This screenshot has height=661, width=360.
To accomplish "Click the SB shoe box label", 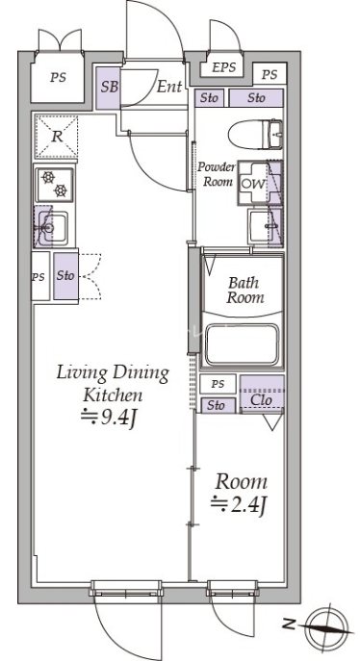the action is [110, 87].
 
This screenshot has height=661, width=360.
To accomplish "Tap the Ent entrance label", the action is [169, 87].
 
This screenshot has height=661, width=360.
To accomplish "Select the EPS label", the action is [223, 67].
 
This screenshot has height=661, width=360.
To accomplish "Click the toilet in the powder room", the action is [255, 134].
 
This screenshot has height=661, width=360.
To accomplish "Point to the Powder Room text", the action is [217, 174].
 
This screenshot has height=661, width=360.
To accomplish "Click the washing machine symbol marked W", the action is [254, 184].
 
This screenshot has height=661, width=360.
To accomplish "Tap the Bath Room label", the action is [245, 290].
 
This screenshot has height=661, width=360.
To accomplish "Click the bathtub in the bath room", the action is [242, 344].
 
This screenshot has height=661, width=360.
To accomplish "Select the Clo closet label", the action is [261, 399].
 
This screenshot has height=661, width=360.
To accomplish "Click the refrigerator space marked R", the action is [56, 137].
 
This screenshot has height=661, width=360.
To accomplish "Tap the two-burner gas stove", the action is [55, 184].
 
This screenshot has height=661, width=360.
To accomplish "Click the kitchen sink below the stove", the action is [52, 228].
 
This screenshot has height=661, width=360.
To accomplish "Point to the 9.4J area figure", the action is [109, 419].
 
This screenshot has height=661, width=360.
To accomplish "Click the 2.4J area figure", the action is [239, 504].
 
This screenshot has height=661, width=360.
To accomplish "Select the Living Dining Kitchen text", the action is [113, 384].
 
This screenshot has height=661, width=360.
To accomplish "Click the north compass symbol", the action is [326, 626].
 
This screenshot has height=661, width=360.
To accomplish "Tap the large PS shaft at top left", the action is [58, 77].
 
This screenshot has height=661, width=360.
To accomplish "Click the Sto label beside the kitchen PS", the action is [65, 276].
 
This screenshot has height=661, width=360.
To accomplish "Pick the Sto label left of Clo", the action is [216, 405].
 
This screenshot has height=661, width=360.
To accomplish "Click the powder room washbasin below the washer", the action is [261, 226].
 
